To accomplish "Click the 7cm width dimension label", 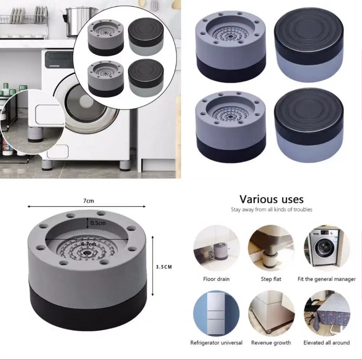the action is [x=89, y=201].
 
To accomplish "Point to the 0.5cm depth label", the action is [x=98, y=223].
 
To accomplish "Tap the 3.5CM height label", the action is [x=164, y=267].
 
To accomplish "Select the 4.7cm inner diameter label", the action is [x=89, y=244].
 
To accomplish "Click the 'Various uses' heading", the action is [x=271, y=199].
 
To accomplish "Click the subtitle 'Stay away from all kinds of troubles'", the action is [x=271, y=209].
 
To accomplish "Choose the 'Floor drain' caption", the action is [x=216, y=279].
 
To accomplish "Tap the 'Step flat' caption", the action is [x=271, y=279].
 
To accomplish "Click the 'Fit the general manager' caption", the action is [x=327, y=279].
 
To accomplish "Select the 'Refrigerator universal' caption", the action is [x=216, y=343].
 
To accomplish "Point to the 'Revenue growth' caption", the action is [x=271, y=343].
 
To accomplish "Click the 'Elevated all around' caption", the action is [x=327, y=343].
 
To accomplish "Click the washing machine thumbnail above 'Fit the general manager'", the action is [x=327, y=248].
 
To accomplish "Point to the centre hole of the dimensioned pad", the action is [x=87, y=253].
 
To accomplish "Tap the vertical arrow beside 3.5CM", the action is [x=152, y=266].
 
